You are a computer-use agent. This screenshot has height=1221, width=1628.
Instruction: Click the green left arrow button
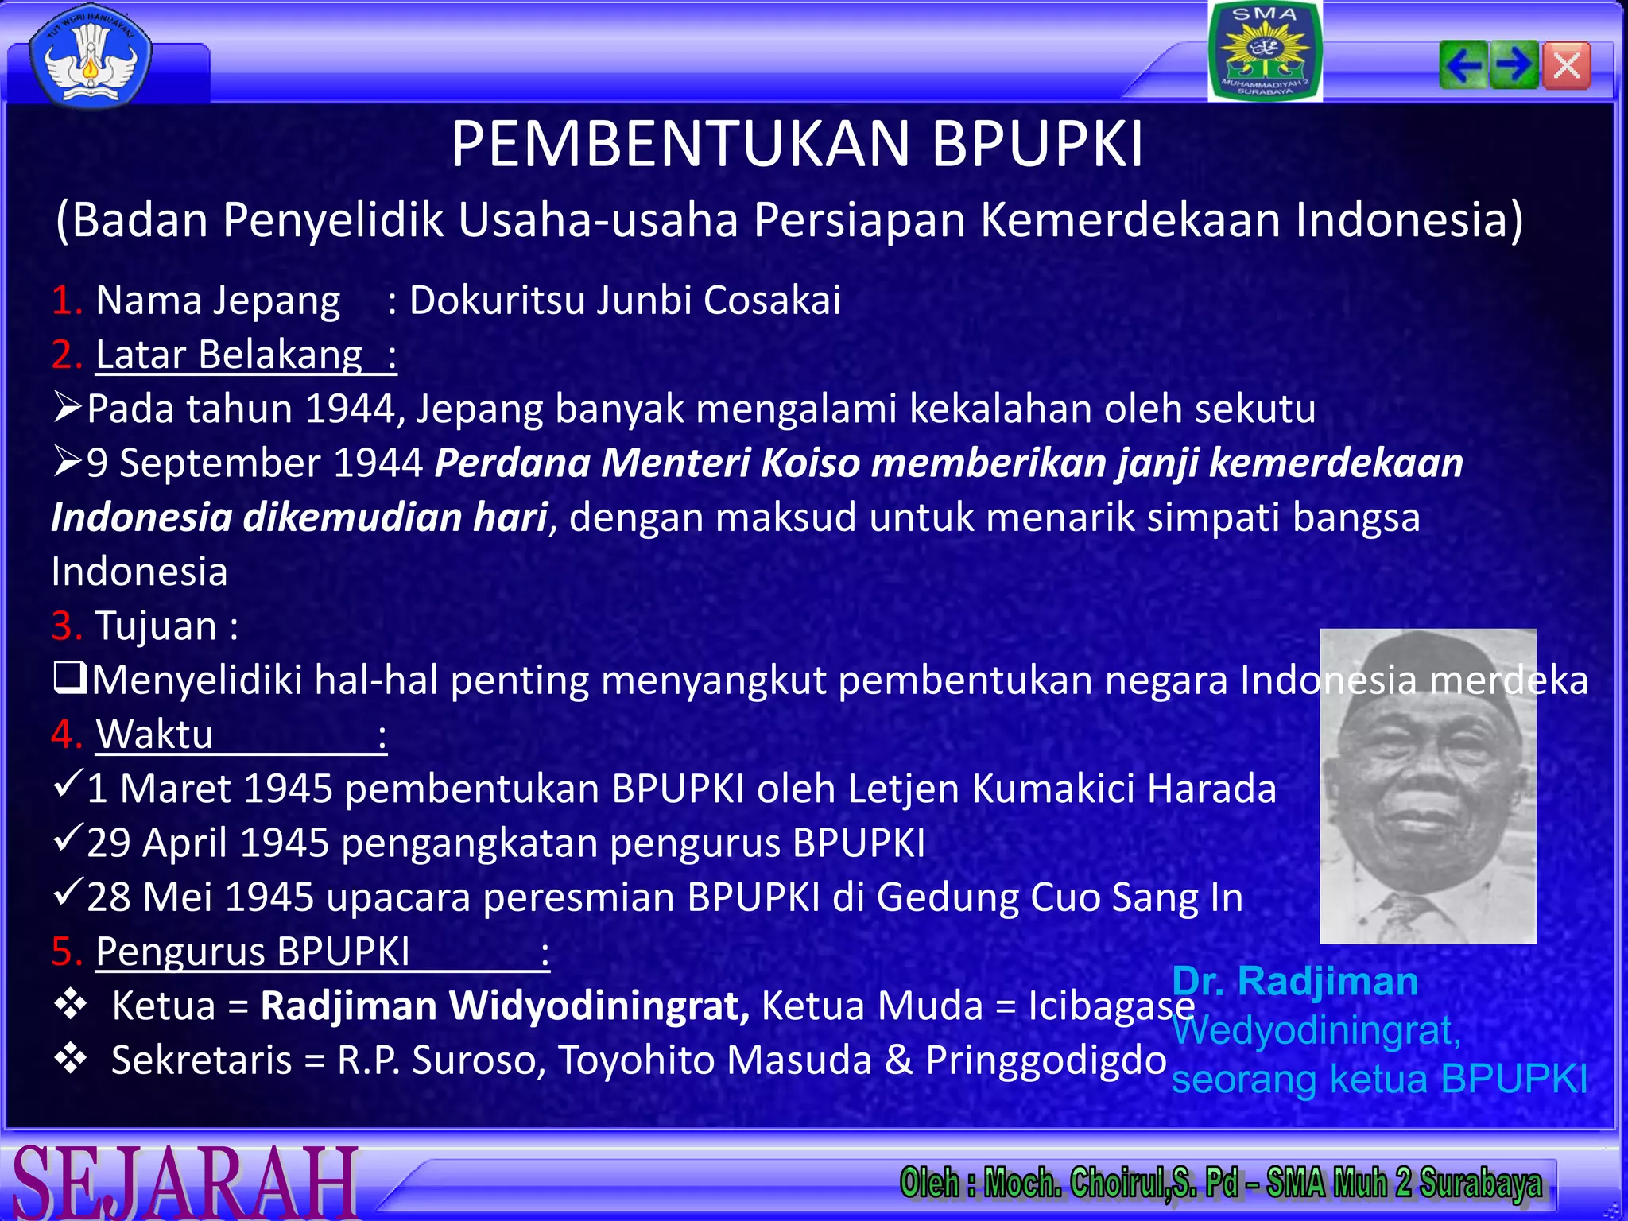pos(1463,65)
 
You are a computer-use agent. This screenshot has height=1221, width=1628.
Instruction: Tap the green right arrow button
pos(1514,65)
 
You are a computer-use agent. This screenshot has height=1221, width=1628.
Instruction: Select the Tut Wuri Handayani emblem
pos(90,57)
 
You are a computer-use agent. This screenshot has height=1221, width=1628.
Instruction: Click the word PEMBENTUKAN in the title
pos(680,145)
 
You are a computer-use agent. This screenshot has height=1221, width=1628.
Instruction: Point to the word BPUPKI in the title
pos(1037,145)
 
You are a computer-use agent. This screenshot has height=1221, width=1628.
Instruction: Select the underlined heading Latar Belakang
pos(229,355)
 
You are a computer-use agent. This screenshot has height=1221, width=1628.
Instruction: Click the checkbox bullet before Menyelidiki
pos(70,679)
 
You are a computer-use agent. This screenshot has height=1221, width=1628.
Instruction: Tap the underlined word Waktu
pos(155,735)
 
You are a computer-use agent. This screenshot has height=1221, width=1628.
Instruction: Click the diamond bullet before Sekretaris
pos(70,1059)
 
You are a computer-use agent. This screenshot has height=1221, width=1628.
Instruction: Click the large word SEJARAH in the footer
pos(184,1183)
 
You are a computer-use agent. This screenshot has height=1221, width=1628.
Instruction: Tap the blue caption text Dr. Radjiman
pos(1295,982)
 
